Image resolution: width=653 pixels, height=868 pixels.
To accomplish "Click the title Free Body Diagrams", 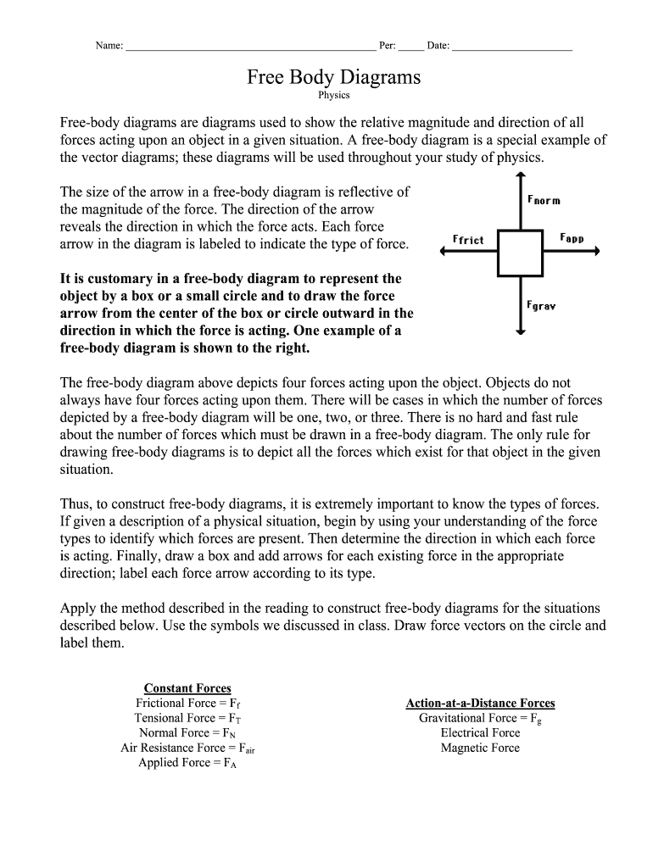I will tap(333, 77).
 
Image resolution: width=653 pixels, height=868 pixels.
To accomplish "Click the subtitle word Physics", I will tap(333, 96).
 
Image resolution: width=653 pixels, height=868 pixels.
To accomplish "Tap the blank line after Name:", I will tap(250, 47).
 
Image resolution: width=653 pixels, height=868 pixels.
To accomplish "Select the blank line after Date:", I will tap(512, 47).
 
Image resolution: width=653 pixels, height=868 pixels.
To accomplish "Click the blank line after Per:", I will tap(410, 47).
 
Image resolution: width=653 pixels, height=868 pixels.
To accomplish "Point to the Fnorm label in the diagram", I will tap(544, 200).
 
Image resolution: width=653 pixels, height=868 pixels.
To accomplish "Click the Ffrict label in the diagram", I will tap(468, 240).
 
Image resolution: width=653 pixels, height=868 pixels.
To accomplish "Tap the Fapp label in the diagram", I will tap(572, 238).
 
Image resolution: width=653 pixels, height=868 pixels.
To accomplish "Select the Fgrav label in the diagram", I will tap(541, 305).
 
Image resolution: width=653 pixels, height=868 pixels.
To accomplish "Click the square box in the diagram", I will tap(520, 252).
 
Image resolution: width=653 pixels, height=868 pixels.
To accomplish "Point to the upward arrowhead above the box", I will tap(520, 176).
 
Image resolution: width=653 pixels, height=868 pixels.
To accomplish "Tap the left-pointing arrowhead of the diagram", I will tap(444, 251).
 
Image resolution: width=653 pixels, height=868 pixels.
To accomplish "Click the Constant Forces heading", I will tap(187, 688).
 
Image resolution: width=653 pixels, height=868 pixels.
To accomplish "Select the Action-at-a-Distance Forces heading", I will tap(480, 704).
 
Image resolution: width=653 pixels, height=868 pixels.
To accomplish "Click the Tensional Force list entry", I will tap(187, 718).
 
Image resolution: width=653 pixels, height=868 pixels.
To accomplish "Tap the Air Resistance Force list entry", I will tap(187, 748).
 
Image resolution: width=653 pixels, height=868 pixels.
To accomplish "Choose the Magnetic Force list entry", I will tap(480, 748).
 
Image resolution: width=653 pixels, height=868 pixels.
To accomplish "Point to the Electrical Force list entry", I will tap(480, 732).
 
